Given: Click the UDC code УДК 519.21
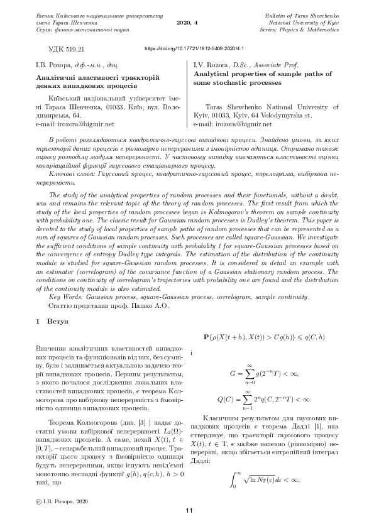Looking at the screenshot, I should [70, 48].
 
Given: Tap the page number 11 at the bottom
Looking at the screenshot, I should [188, 511].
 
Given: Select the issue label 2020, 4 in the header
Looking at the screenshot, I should [187, 21].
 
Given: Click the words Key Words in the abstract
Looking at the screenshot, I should [64, 295].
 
